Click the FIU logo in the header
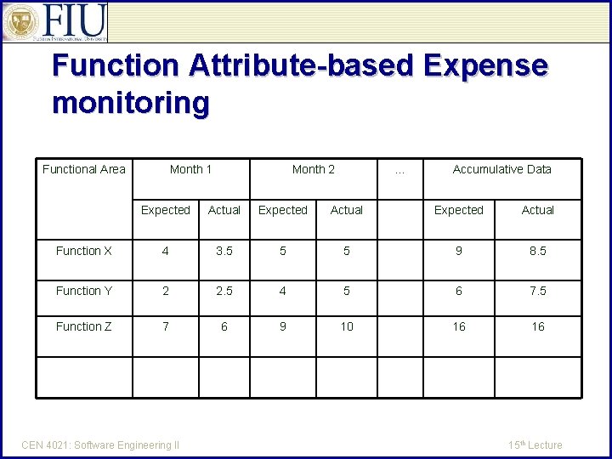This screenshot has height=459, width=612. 56,22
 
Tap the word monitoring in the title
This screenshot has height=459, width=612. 130,104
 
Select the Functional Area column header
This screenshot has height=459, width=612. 84,169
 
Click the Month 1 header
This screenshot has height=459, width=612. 191,169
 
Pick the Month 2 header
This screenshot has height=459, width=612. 314,169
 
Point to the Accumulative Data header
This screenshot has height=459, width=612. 501,169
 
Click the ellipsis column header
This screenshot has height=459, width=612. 400,169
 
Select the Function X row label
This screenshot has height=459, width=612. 84,251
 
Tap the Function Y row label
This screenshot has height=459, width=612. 84,291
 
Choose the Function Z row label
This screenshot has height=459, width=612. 84,326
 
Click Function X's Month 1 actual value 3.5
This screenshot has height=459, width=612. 224,251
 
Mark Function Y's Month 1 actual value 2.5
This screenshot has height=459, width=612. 224,291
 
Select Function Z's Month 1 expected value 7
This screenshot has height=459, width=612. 166,326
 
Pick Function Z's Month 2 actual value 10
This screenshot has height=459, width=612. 347,326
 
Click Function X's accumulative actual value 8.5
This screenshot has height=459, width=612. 538,251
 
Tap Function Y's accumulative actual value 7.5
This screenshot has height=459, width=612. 538,291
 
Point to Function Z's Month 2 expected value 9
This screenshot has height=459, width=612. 283,326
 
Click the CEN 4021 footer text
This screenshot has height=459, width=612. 101,445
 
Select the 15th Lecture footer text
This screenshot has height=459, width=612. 535,445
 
